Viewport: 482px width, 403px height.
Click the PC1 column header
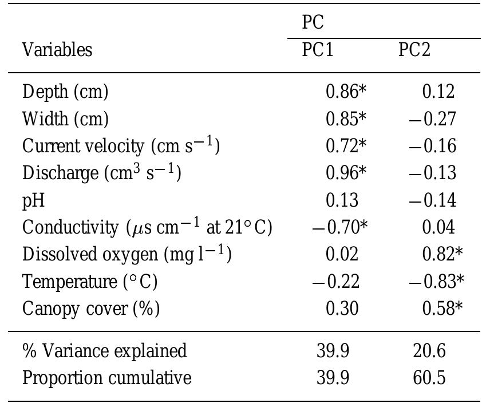click(x=318, y=50)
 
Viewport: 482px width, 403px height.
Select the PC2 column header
click(x=414, y=50)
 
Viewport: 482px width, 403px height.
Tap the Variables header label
click(x=57, y=50)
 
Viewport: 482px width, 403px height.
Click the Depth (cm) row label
click(x=65, y=91)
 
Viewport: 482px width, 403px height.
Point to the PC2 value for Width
click(x=433, y=118)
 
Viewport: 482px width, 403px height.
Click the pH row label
click(x=33, y=200)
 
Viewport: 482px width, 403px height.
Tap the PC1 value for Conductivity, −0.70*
click(x=339, y=227)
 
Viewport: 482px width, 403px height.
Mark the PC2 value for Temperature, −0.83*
click(x=436, y=282)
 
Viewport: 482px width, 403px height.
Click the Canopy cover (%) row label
click(x=90, y=309)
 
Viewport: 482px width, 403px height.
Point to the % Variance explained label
click(x=104, y=350)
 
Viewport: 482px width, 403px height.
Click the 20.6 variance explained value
click(x=429, y=350)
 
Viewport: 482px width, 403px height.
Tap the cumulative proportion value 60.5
click(x=429, y=378)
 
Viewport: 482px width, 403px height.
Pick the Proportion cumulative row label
click(x=106, y=378)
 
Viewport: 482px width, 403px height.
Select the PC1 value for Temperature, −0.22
click(x=335, y=282)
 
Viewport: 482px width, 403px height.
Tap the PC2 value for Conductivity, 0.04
click(x=438, y=227)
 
